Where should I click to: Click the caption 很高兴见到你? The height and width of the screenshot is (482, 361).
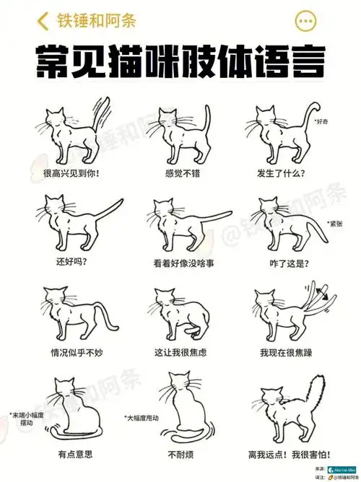coord(71,173)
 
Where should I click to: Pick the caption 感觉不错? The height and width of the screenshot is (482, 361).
coord(181,173)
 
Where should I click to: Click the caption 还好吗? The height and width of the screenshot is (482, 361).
coord(71,262)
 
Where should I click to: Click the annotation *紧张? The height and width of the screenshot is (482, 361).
coord(336,223)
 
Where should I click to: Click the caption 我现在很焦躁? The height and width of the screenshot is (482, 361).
coord(287,353)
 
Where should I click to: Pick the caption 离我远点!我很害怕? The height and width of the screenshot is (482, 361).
coord(290,455)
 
